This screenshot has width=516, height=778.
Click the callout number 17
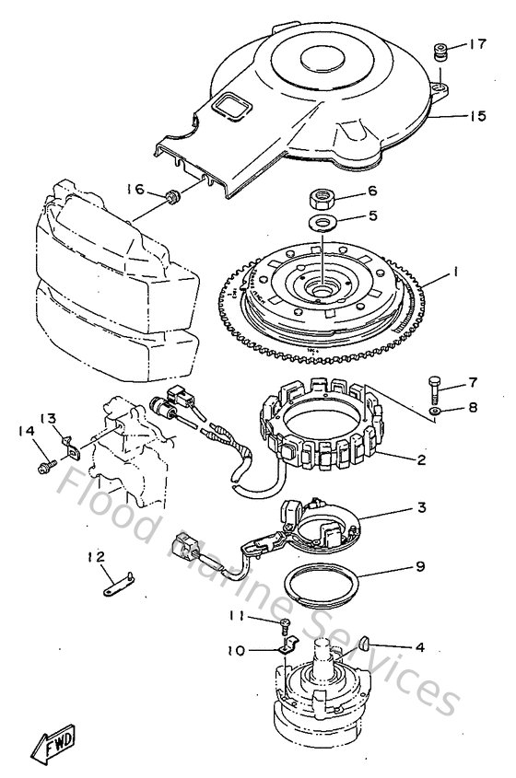coord(477,43)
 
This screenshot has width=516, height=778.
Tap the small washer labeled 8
coord(435,411)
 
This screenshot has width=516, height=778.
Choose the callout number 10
coord(235,651)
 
